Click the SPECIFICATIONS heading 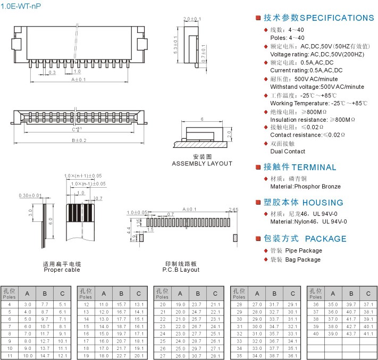318,18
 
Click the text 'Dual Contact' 288,152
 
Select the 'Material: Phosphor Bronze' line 305,187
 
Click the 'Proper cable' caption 62,270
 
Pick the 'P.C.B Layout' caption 181,270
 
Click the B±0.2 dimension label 79,140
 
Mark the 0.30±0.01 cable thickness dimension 30,196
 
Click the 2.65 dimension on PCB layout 232,210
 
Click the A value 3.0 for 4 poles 28,304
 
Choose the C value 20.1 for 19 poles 139,356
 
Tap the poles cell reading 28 240,304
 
